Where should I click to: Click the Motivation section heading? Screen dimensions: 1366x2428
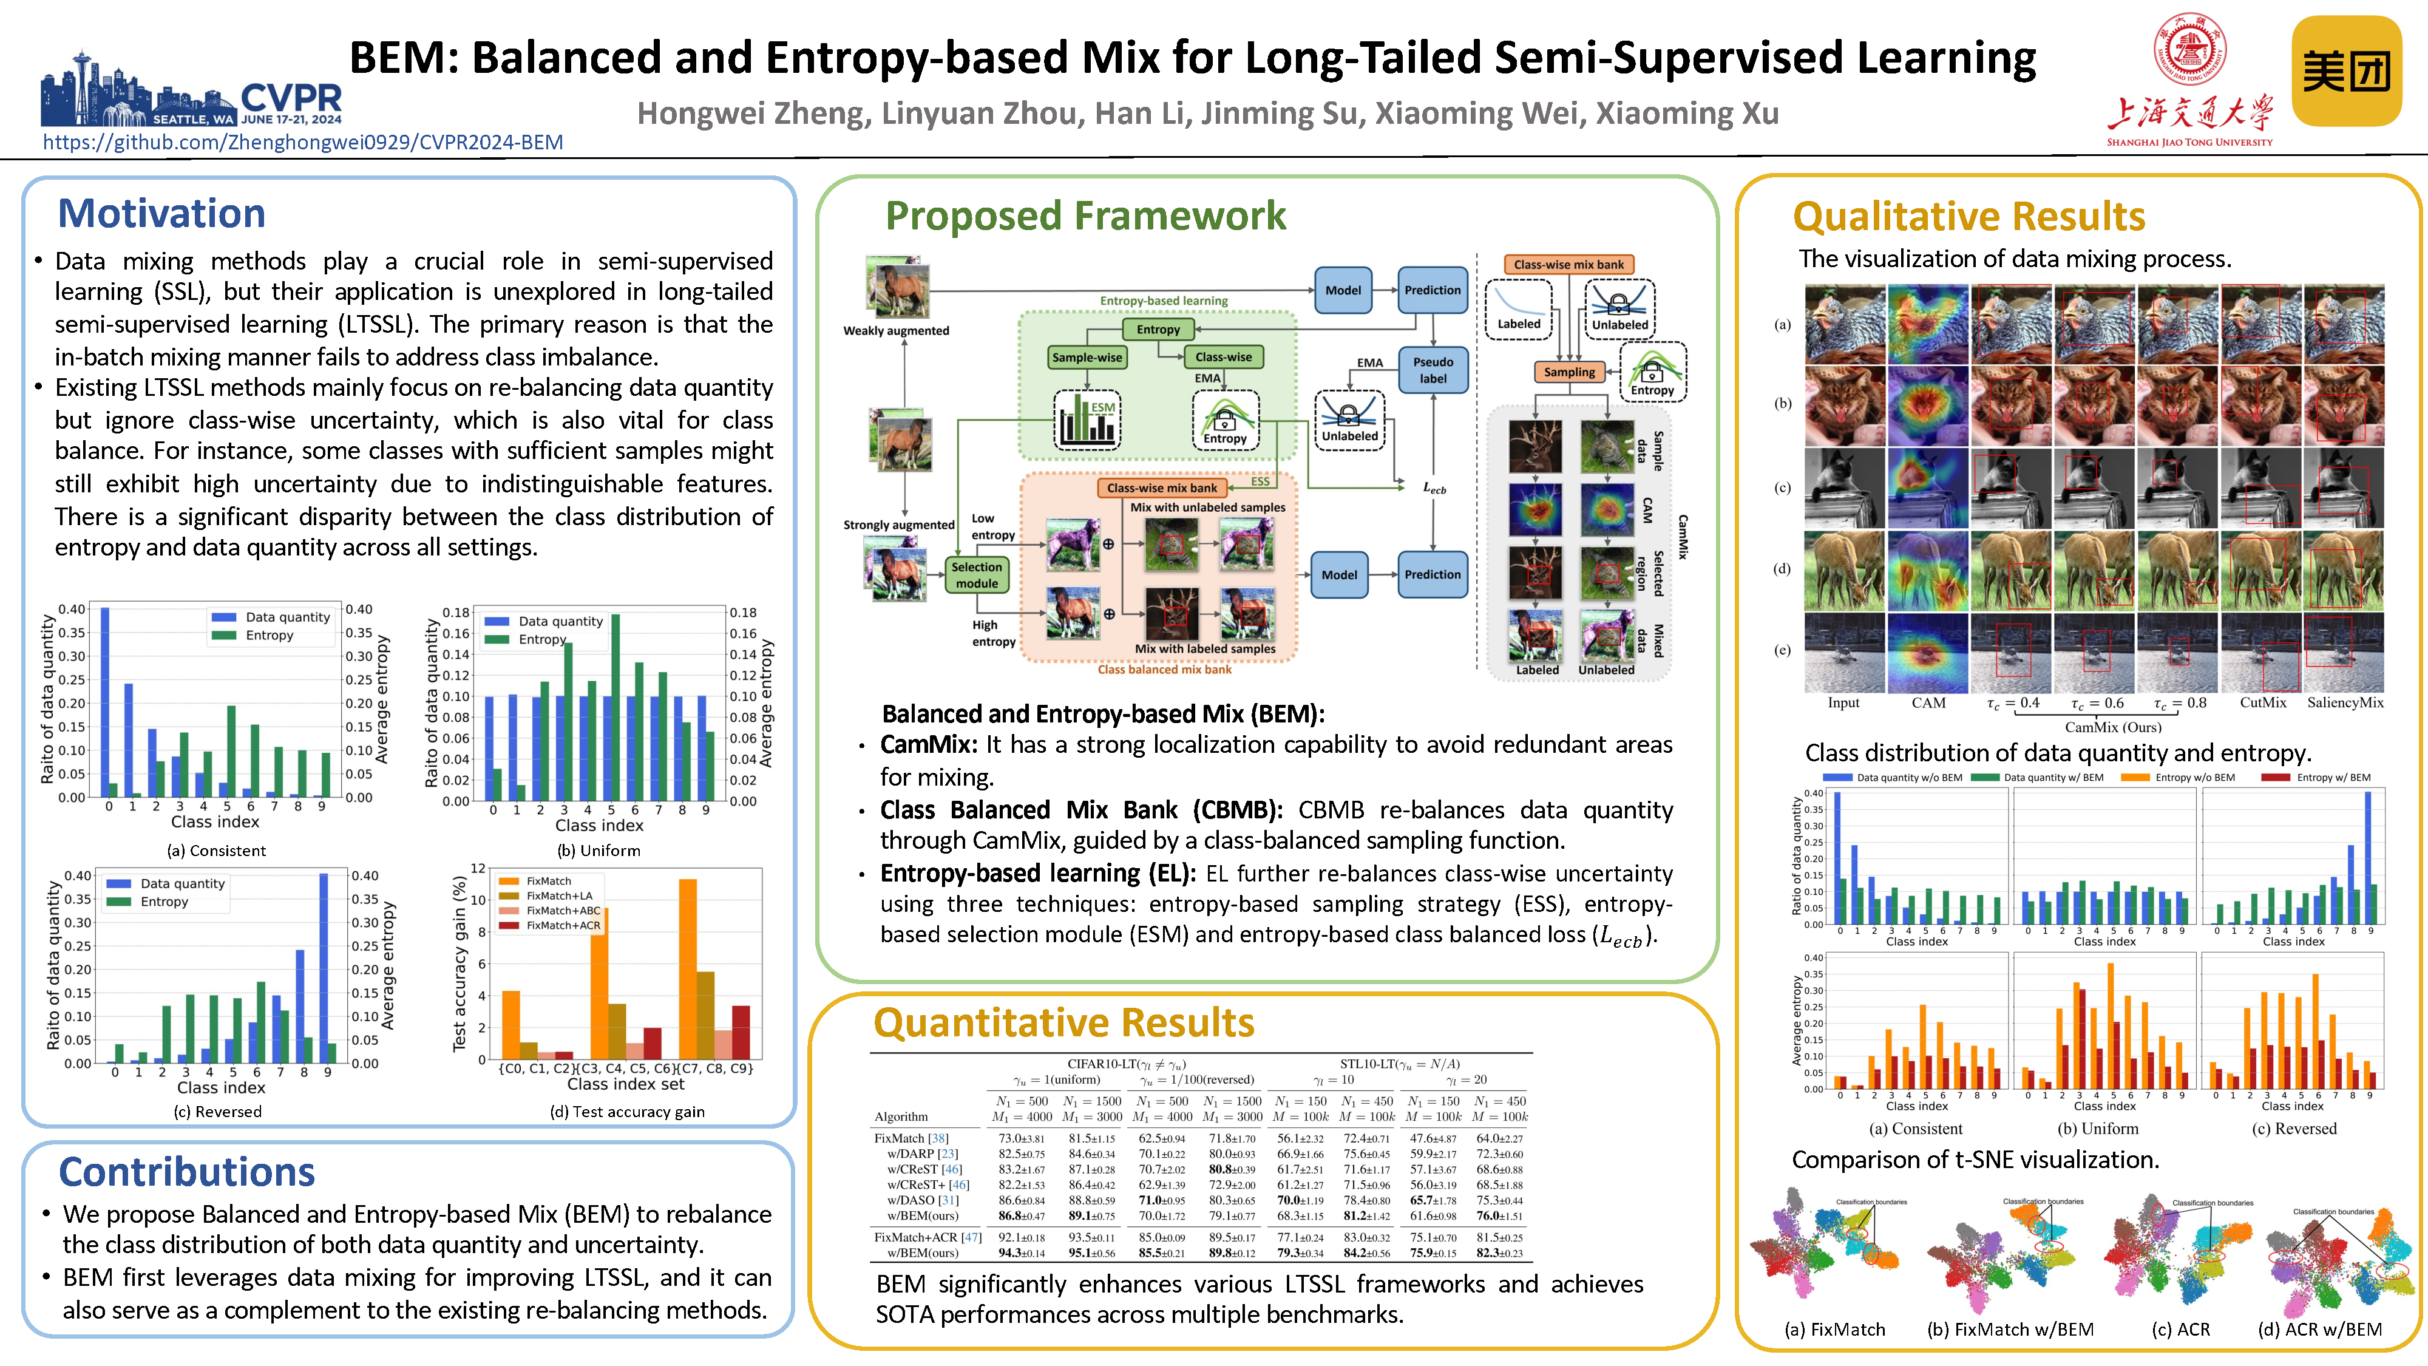tap(161, 214)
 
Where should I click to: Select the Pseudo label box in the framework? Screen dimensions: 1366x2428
tap(1433, 370)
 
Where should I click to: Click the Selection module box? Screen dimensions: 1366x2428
tap(977, 575)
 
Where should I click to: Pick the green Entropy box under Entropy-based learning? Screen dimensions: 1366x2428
tap(1158, 329)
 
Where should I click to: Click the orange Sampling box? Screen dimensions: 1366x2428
tap(1568, 372)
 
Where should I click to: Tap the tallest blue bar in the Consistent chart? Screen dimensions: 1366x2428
tap(104, 702)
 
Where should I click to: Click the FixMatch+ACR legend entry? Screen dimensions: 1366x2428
tap(563, 926)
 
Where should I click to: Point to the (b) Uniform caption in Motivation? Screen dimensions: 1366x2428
tap(599, 851)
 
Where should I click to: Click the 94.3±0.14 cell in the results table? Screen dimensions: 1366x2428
tap(1022, 1253)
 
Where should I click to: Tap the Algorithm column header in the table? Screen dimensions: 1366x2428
tap(901, 1117)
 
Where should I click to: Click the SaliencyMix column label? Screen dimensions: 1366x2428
tap(2345, 702)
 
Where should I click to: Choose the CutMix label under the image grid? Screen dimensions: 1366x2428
tap(2263, 702)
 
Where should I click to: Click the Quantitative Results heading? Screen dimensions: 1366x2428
tap(1063, 1023)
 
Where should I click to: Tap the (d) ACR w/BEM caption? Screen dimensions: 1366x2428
tap(2319, 1329)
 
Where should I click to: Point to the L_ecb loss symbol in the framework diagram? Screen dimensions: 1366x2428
tap(1434, 488)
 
